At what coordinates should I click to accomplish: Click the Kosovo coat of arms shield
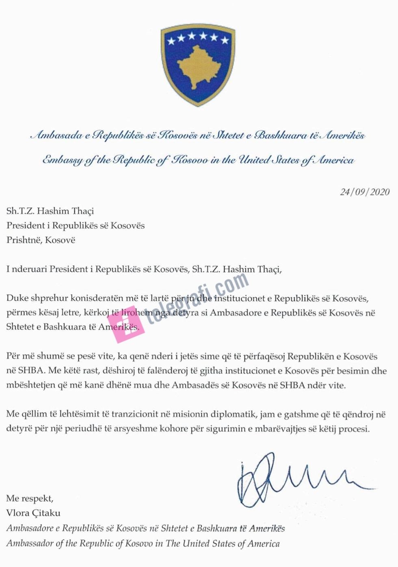198,65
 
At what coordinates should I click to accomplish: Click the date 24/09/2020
364,192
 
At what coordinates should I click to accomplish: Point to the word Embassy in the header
63,160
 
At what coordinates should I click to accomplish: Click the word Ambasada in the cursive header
56,135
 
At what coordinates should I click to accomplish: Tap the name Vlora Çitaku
33,513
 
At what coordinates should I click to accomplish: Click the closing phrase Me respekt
30,498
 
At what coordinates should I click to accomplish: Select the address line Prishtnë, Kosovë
41,240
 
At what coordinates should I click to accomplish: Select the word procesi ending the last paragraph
355,429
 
